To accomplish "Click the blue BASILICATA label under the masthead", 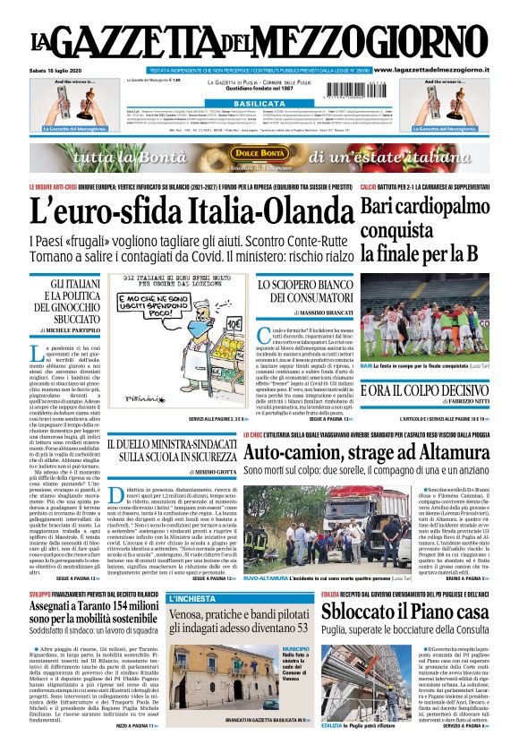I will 259,104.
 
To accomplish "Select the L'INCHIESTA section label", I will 191,597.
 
